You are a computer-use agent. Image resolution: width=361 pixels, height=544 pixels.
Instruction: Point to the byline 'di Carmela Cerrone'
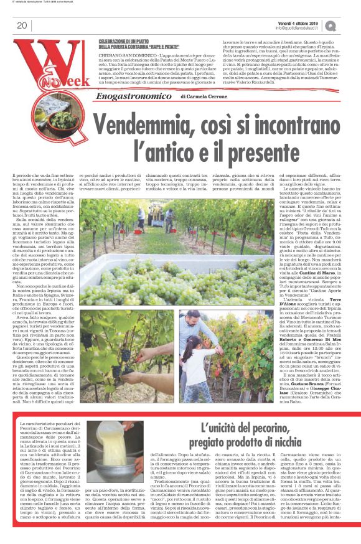coord(206,97)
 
